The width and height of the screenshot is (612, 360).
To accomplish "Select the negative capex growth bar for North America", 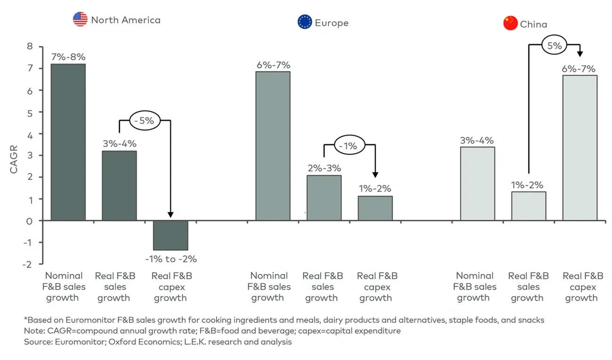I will click(x=170, y=235).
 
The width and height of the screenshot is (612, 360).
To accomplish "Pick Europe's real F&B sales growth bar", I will click(x=324, y=198).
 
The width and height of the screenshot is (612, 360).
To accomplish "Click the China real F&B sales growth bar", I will click(x=529, y=206).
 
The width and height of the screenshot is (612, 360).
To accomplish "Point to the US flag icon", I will click(x=81, y=20).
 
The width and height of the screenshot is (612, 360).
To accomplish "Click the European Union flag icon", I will click(x=305, y=22).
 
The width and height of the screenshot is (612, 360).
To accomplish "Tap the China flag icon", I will click(x=510, y=23).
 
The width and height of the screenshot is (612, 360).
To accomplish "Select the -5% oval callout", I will click(x=145, y=120).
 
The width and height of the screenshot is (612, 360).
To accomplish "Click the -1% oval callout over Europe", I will click(x=349, y=146).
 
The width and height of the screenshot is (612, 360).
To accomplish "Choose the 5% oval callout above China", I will click(x=554, y=46).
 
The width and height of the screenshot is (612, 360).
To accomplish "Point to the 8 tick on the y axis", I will click(x=30, y=47).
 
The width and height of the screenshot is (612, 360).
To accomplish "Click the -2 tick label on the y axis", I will click(x=28, y=264).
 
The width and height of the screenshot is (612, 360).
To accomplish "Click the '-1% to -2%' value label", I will click(x=171, y=259).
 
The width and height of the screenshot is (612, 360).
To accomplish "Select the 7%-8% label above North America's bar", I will click(x=68, y=57).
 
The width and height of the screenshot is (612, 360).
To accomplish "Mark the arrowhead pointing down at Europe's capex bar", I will click(x=375, y=175).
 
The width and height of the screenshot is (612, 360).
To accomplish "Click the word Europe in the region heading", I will click(x=331, y=23).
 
